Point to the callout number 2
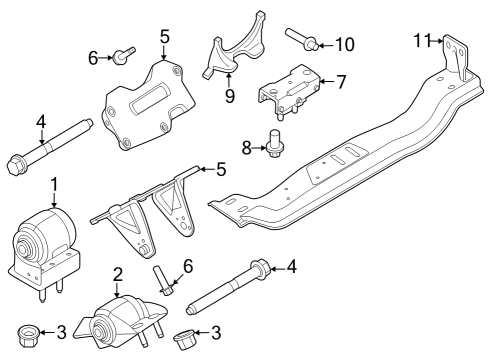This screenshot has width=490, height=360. point(118,274)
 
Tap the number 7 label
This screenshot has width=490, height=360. point(340,82)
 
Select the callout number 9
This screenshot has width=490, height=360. point(230,96)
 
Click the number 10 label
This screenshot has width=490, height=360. point(345,44)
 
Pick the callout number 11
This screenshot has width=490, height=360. point(422,40)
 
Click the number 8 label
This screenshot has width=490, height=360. point(247,148)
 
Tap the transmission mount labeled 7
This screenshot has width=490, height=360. point(288,89)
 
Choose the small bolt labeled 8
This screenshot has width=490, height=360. point(274,144)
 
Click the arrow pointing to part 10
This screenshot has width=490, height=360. point(327,45)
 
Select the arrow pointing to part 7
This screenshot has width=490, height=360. point(327,81)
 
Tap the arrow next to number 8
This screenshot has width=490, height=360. point(259,147)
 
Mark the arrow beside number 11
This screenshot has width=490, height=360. point(437,41)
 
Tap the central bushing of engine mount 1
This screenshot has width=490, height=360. point(23,249)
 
